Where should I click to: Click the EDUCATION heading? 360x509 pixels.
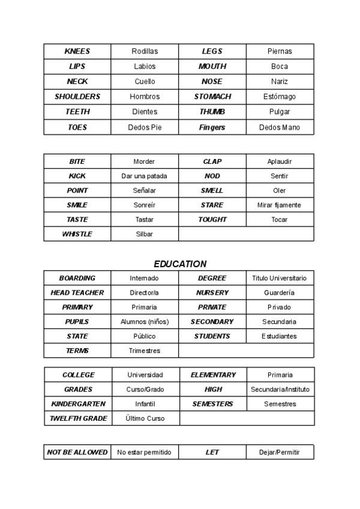[x=180, y=264]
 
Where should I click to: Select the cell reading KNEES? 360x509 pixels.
[x=77, y=52]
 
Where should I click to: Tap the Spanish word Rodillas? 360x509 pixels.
[x=145, y=52]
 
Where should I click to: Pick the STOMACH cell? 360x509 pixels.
[x=212, y=97]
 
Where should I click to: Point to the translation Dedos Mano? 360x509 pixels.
[x=280, y=127]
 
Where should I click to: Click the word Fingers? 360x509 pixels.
[x=212, y=127]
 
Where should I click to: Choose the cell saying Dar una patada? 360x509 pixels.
[x=144, y=176]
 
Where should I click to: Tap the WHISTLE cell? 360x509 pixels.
[x=77, y=234]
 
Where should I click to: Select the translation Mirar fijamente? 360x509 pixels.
[x=279, y=205]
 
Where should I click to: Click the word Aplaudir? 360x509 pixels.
[x=279, y=161]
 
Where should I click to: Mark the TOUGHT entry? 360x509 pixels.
[x=212, y=220]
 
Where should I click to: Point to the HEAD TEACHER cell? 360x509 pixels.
[x=77, y=293]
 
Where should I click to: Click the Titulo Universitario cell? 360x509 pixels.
[x=279, y=279]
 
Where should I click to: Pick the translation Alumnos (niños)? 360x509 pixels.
[x=145, y=322]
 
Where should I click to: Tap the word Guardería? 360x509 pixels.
[x=279, y=293]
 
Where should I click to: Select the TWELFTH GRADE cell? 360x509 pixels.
[x=78, y=418]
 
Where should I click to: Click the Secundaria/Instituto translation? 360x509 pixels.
[x=280, y=390]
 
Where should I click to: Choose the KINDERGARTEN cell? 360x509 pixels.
[x=78, y=404]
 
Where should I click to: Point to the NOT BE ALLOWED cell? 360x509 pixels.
[x=77, y=452]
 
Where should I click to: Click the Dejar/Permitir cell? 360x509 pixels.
[x=280, y=452]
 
